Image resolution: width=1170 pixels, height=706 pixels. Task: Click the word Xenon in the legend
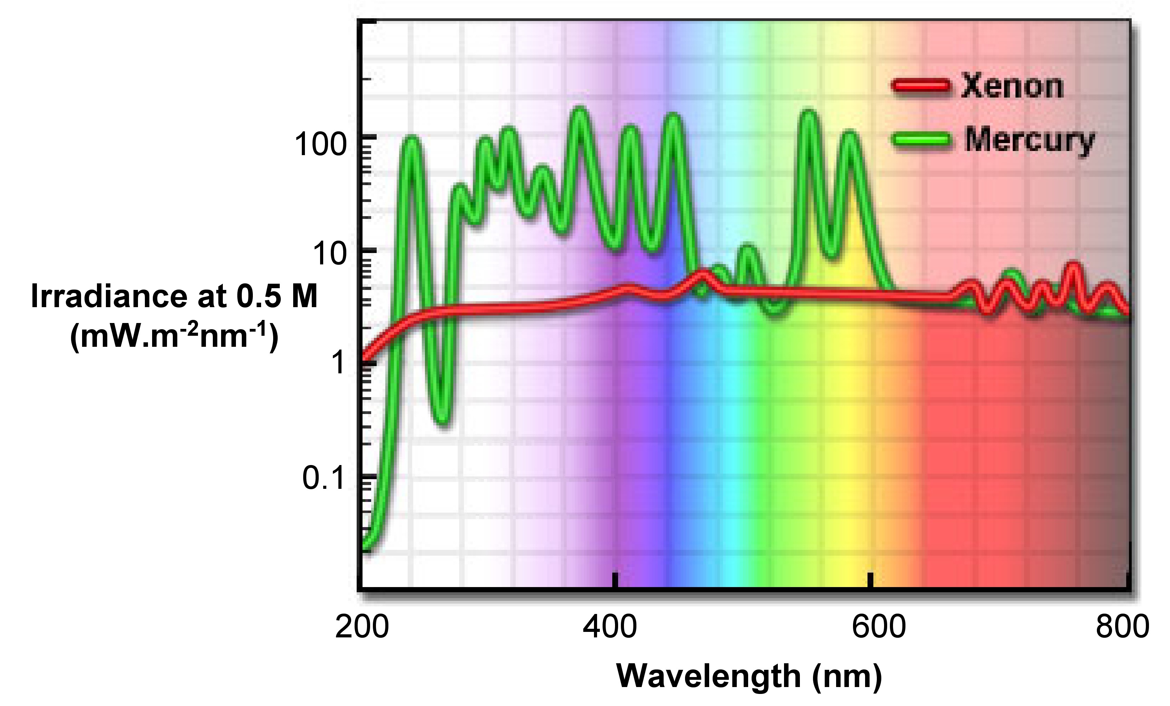pos(1012,87)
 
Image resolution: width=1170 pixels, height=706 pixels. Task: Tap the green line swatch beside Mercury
pos(921,140)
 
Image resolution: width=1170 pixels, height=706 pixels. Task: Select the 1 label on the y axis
pos(338,363)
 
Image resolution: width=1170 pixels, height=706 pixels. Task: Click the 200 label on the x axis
pos(362,626)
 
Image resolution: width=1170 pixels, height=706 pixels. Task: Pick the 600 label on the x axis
pos(879,626)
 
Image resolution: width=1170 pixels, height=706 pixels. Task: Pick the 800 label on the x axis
pos(1122,626)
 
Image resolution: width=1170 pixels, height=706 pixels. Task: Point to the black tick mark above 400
pos(615,580)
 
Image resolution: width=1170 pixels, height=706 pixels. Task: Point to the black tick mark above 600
pos(870,580)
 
